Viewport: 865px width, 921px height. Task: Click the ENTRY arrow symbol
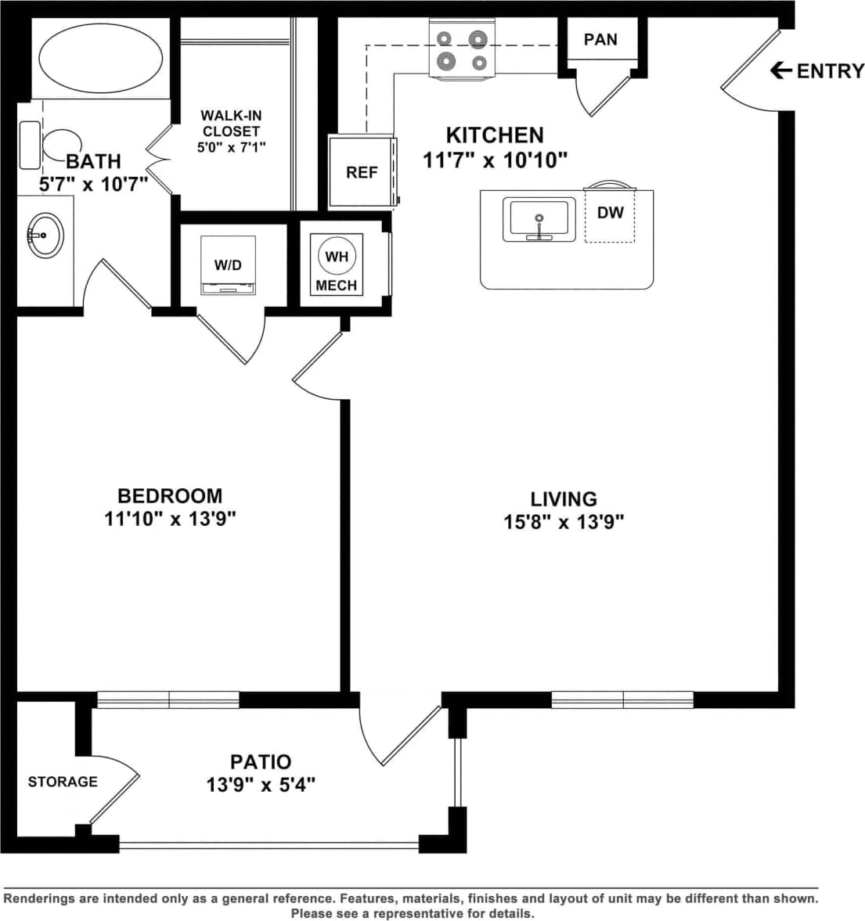click(780, 71)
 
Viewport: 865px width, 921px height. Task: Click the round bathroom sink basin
click(45, 234)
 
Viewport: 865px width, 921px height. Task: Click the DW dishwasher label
click(610, 212)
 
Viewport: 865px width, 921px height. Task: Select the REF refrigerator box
click(361, 171)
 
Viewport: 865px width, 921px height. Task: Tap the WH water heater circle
click(337, 257)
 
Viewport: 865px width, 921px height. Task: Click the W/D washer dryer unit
click(228, 266)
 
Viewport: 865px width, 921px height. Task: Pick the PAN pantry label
click(600, 39)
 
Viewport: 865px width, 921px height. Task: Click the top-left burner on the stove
click(445, 38)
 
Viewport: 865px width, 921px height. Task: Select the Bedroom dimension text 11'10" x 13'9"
click(170, 518)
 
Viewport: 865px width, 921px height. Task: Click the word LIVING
click(564, 498)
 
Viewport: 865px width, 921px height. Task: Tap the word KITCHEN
click(495, 135)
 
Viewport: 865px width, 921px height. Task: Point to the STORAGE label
click(63, 782)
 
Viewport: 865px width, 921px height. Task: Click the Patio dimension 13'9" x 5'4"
click(261, 784)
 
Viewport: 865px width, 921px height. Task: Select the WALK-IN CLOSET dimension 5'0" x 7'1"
click(231, 146)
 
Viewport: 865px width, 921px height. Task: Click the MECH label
click(337, 286)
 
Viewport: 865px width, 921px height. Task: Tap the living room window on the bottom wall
click(622, 700)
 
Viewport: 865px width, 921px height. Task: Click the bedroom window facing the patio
click(168, 700)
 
